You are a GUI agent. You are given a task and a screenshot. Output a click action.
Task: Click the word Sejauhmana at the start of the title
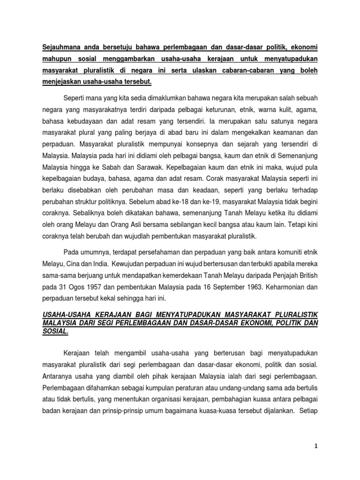[x=58, y=47]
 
